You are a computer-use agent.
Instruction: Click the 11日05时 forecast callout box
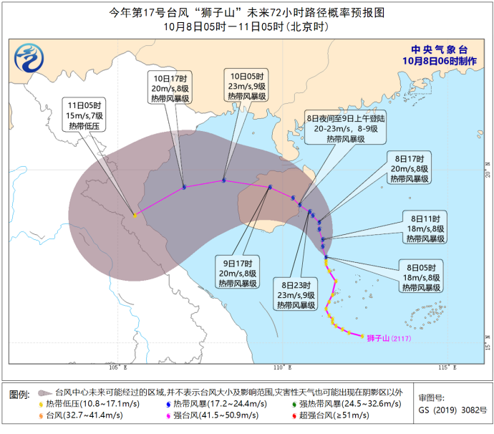tap(87, 115)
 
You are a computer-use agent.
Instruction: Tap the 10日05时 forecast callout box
tap(246, 85)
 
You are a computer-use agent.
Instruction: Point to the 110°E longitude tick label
tap(281, 368)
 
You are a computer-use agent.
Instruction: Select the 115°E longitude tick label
tap(445, 368)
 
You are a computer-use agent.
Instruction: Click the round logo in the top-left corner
tap(31, 57)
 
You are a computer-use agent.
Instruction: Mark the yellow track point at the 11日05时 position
tap(135, 214)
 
